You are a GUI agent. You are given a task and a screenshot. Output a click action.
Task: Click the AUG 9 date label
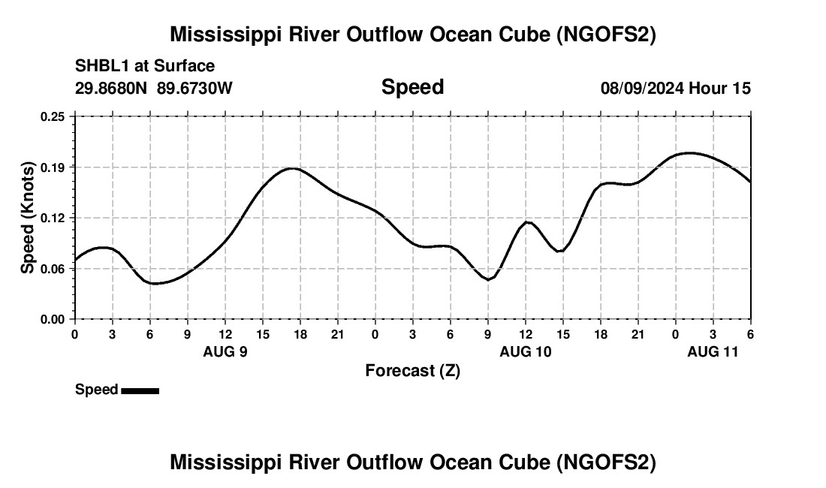[225, 351]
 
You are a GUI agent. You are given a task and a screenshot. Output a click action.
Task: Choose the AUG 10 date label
[526, 351]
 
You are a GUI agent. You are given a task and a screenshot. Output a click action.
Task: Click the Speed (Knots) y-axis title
[28, 218]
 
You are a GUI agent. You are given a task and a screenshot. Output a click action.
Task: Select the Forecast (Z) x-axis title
[412, 370]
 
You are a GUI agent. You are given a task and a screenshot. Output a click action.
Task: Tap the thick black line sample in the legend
[140, 390]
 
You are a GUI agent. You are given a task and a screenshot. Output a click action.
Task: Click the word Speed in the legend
[96, 390]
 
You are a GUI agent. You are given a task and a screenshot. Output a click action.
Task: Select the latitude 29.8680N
[112, 88]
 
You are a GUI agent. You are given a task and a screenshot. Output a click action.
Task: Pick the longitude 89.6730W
[194, 88]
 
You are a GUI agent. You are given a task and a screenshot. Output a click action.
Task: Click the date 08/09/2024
[642, 88]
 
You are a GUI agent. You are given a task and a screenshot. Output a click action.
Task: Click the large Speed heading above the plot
[412, 87]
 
